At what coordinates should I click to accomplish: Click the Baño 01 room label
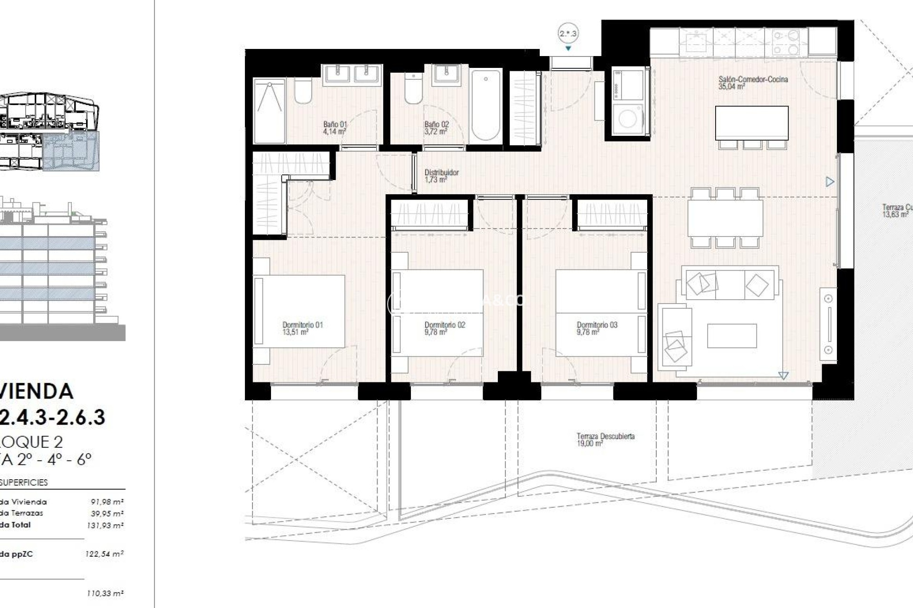point(335,128)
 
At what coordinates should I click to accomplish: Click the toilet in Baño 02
point(413,89)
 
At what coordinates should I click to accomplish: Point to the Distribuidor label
point(441,176)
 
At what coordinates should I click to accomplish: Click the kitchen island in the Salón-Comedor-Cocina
point(751,123)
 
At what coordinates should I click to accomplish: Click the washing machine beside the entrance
point(628,119)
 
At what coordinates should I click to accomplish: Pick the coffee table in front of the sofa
point(731,336)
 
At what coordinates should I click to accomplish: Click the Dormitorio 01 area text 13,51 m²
point(295,332)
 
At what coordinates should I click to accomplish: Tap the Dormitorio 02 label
point(445,325)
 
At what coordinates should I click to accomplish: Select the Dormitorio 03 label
point(597,325)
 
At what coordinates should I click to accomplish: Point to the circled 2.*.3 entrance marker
point(568,34)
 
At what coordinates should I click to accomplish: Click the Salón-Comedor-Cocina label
point(753,79)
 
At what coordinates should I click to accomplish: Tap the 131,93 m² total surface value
point(105,525)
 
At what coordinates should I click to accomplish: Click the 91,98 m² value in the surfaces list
point(107,502)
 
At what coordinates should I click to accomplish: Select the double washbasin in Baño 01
point(352,75)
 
